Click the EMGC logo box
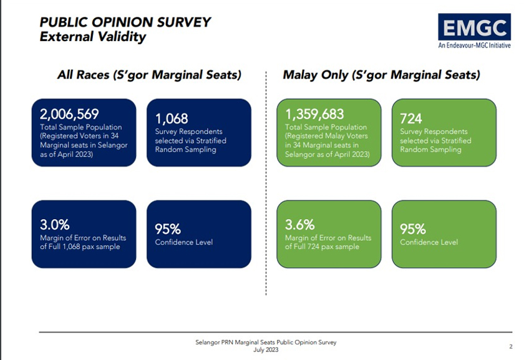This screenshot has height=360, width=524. point(475,27)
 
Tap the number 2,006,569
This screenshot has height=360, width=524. point(69,114)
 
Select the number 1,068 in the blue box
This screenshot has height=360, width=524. point(172,119)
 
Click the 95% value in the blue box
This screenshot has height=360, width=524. point(168,229)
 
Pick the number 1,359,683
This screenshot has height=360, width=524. point(314,114)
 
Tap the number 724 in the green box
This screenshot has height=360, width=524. point(412,119)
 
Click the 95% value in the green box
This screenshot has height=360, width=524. point(413,229)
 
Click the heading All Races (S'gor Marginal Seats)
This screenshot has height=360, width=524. point(149,75)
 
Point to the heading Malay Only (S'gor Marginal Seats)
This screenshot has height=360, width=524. point(381,75)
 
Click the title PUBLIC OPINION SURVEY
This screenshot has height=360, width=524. point(125,22)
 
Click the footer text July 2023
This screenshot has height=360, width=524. point(266,350)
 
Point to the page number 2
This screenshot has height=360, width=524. point(510,346)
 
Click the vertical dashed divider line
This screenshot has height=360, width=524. point(266,187)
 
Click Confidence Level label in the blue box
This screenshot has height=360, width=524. point(183,242)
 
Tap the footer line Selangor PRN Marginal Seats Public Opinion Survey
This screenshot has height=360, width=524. point(266,343)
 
